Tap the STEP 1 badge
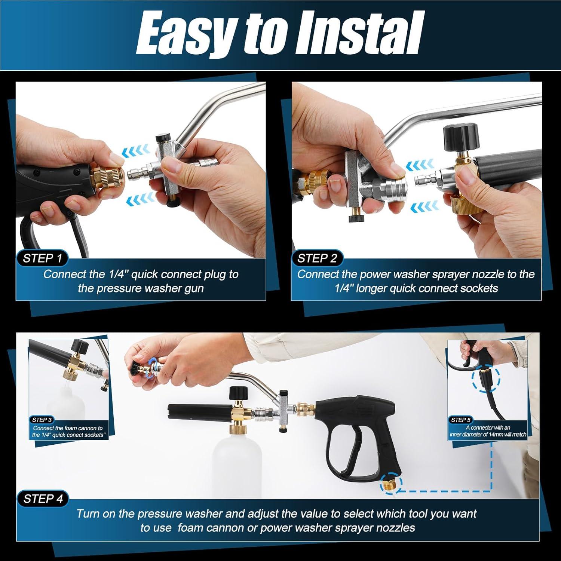pos(42,258)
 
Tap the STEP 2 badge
pos(317,258)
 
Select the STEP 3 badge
pos(42,420)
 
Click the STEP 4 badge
pos(43,499)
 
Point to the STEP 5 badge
pos(461,420)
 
